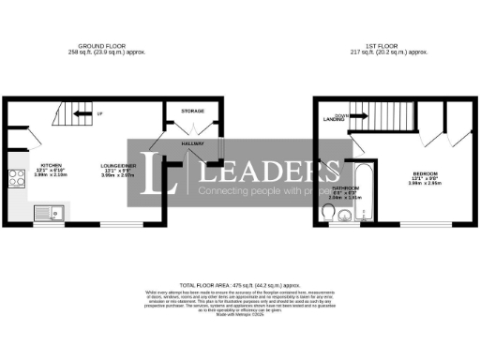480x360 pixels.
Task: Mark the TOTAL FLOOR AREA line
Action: [x=240, y=283]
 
